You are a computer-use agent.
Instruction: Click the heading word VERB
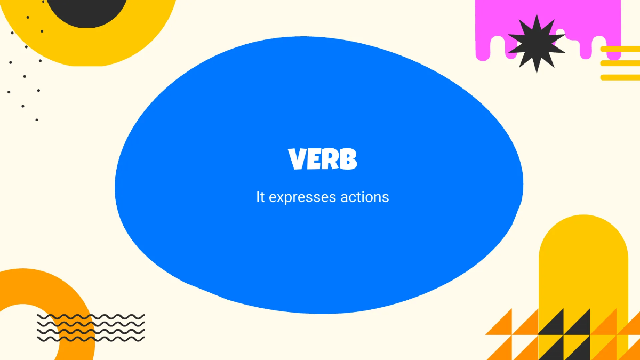322,159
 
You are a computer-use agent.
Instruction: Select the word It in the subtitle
260,197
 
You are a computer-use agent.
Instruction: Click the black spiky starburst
537,44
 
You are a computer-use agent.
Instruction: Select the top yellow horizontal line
620,49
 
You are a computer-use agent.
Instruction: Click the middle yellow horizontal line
620,63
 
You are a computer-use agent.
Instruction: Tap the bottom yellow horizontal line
620,77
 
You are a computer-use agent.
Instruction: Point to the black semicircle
88,11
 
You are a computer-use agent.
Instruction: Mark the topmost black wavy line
91,317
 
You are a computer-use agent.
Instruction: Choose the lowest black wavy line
91,339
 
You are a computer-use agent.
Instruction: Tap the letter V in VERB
298,159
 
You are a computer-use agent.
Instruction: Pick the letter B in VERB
348,159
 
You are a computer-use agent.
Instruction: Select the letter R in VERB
331,159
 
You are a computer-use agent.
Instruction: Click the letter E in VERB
315,159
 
